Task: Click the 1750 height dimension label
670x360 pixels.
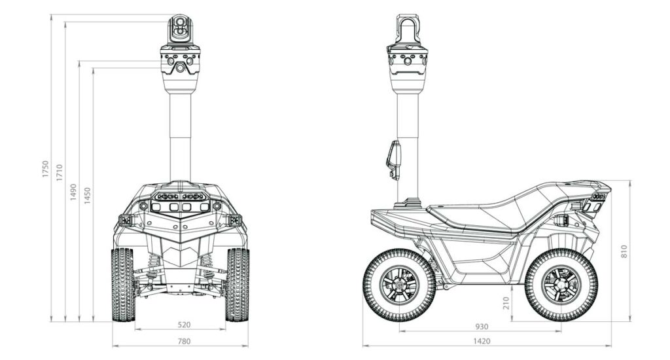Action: tap(46, 170)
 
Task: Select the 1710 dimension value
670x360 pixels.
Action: tap(60, 173)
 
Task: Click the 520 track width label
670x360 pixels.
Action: tap(185, 325)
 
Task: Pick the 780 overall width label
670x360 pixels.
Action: tap(185, 341)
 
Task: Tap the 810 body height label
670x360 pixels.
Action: tap(624, 251)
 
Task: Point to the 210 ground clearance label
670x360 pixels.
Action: tap(508, 303)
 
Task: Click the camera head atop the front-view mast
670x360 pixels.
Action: tap(179, 29)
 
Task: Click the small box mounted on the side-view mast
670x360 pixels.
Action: tap(394, 159)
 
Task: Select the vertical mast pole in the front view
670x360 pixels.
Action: tap(181, 137)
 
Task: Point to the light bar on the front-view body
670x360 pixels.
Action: tap(181, 196)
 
